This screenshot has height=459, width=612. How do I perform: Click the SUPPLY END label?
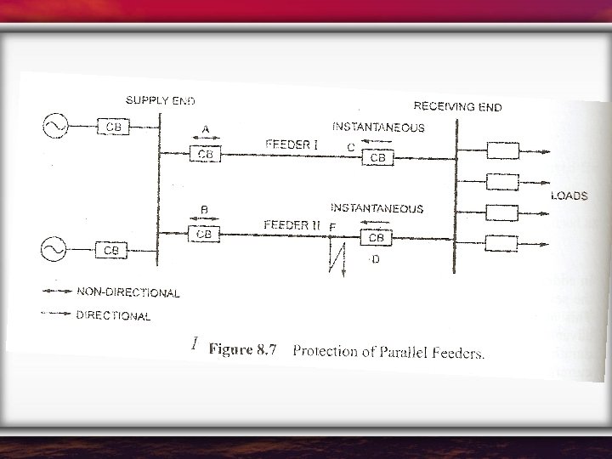160,101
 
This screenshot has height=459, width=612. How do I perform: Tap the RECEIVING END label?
456,106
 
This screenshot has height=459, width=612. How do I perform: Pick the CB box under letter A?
205,154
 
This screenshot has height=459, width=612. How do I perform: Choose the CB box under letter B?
204,232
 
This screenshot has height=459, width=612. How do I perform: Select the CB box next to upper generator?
114,127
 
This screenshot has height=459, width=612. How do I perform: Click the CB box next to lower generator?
111,250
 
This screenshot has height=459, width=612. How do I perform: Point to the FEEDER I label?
292,144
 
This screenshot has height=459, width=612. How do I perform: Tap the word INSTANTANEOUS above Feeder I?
377,127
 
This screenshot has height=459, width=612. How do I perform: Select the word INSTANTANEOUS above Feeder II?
376,207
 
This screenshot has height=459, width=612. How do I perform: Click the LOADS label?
569,195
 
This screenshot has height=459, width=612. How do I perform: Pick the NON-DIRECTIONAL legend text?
127,292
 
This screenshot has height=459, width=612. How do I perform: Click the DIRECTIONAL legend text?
114,315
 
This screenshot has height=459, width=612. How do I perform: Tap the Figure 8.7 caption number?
243,350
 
